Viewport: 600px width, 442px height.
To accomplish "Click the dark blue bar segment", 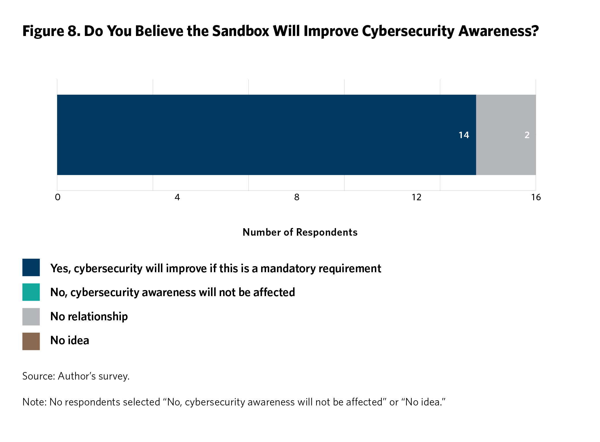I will coord(266,135).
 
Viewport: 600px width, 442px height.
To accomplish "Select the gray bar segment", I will coord(506,135).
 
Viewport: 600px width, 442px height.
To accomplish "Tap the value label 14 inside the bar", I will coord(464,135).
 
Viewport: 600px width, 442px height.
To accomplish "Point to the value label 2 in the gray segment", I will coord(527,135).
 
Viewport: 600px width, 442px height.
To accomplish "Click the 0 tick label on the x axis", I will coord(58,197).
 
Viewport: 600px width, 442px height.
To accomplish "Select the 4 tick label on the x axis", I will coord(177,197).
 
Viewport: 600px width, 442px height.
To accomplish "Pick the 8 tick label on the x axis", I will coord(297,197).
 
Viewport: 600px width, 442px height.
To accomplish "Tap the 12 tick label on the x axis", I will coord(416,197).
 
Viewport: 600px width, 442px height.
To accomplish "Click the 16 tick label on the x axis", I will coord(536,197).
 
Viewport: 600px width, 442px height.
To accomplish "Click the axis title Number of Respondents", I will coord(300,232).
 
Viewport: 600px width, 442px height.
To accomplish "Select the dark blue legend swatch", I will coord(31,268).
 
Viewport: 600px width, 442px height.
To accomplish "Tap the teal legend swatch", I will coord(31,292).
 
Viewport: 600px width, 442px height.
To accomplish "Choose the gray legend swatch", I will coord(31,317).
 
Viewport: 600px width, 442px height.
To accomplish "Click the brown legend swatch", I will coord(31,341).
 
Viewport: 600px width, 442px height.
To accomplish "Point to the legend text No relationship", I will coord(89,317).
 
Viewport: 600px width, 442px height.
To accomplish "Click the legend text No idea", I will coord(70,340).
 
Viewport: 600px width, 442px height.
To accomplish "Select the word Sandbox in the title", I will coord(241,31).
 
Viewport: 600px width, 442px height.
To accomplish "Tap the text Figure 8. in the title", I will coord(51,31).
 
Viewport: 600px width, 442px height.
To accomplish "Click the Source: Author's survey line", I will coord(76,376).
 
